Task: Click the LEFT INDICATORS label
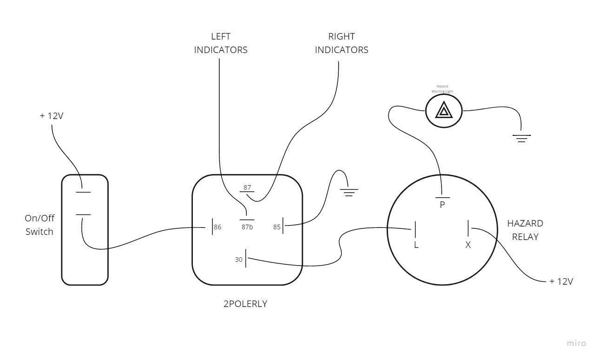(220, 43)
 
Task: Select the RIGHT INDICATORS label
(342, 43)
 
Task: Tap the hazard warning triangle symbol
(444, 111)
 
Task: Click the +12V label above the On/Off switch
(52, 116)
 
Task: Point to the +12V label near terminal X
(561, 281)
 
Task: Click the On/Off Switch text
(39, 225)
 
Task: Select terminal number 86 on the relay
(218, 227)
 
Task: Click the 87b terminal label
(247, 227)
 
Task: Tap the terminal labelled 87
(247, 188)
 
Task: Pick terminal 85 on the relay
(277, 227)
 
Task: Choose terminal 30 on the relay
(239, 260)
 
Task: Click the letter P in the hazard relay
(442, 205)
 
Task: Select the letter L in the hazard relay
(416, 245)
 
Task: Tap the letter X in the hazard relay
(468, 245)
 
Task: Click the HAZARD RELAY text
(525, 230)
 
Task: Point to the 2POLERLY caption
(245, 304)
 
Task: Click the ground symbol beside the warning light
(521, 138)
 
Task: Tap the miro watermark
(576, 343)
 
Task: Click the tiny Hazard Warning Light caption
(442, 89)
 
